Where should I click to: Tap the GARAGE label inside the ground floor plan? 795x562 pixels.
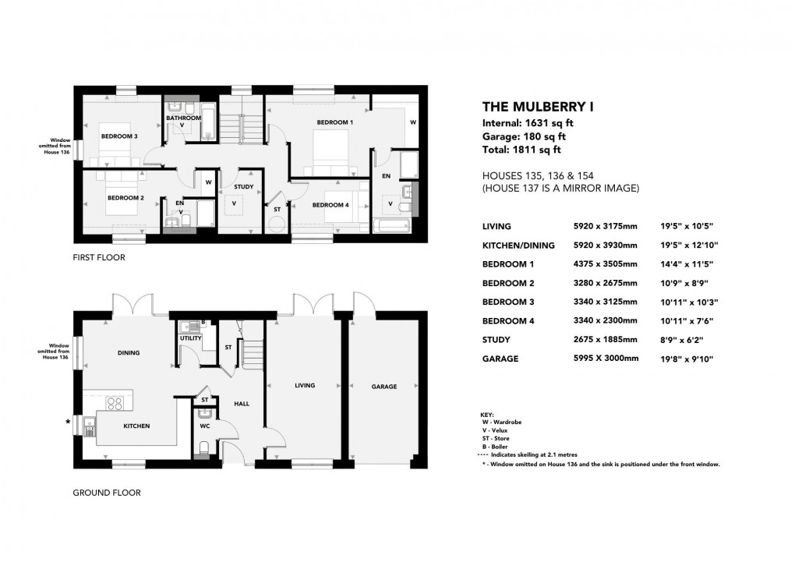383,387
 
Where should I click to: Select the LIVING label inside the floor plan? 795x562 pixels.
304,386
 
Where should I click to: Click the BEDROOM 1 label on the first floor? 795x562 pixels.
335,123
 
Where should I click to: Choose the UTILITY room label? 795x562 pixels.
191,338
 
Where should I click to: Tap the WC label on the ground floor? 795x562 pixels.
205,426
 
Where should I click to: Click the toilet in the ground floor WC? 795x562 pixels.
204,447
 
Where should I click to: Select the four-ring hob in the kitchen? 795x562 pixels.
115,404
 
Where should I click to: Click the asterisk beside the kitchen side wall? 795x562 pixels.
69,422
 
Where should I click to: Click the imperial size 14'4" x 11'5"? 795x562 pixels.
685,264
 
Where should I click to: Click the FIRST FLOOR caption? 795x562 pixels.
99,256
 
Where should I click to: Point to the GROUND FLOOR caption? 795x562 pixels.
106,493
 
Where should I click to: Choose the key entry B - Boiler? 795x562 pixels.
496,447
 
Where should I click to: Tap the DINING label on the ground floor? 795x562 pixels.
129,353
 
